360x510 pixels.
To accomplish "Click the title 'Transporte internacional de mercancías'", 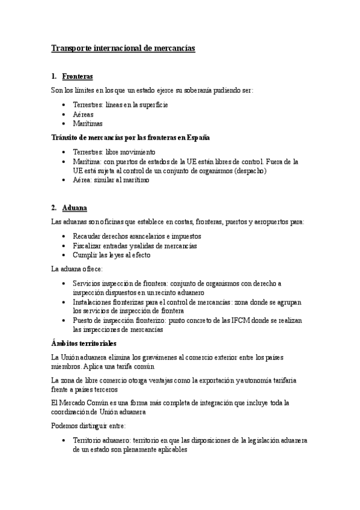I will click(x=123, y=48).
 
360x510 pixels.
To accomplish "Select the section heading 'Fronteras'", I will click(x=78, y=77).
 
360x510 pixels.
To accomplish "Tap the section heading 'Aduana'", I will click(x=75, y=208).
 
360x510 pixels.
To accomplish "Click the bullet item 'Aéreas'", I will click(x=83, y=114).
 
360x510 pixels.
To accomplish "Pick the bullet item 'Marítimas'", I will click(x=87, y=124).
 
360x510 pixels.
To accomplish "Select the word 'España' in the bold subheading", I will click(x=196, y=138).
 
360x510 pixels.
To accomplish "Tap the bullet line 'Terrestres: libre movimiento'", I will click(x=114, y=152).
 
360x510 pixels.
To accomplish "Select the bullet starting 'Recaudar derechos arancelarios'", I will click(x=136, y=236).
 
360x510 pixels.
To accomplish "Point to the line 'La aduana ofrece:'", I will click(x=78, y=268).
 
